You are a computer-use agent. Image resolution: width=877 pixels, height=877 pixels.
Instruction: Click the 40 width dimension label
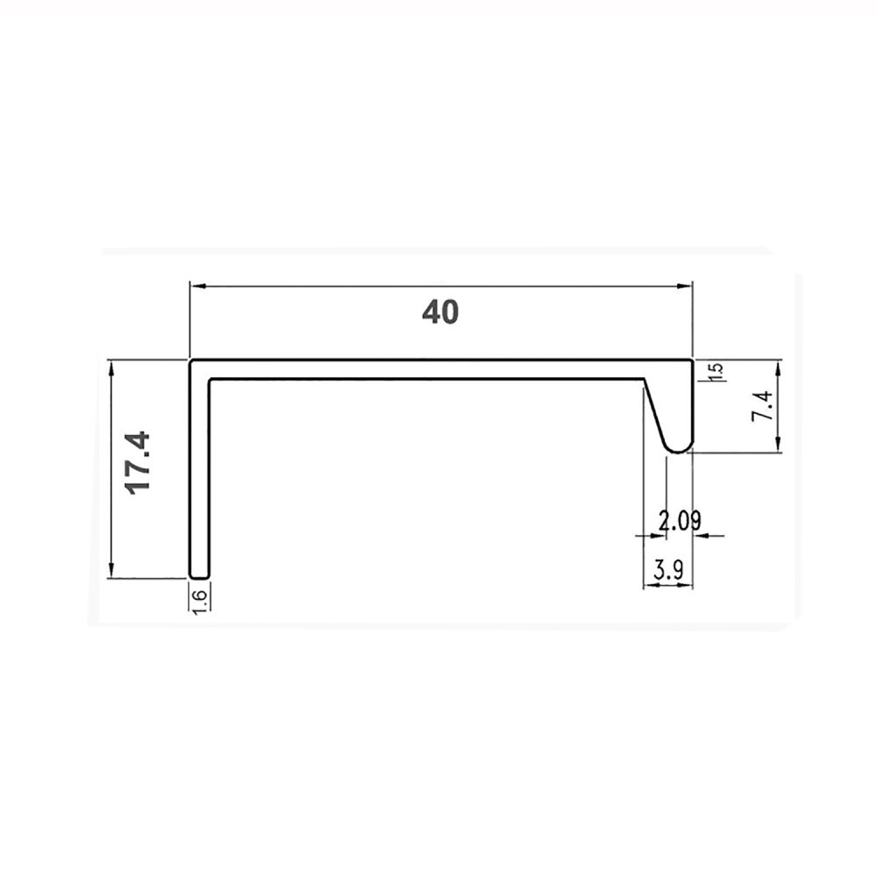pyautogui.click(x=440, y=312)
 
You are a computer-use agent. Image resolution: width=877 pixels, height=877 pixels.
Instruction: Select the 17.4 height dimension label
pyautogui.click(x=139, y=462)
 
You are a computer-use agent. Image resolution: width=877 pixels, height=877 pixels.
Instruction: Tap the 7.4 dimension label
pyautogui.click(x=762, y=405)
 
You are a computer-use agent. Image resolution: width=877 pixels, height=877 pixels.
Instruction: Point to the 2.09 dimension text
pyautogui.click(x=679, y=521)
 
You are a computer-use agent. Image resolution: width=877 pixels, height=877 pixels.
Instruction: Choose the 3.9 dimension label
pyautogui.click(x=667, y=571)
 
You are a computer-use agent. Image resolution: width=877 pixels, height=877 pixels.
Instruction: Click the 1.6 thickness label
pyautogui.click(x=201, y=602)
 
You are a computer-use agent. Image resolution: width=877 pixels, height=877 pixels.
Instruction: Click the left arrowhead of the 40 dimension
pyautogui.click(x=198, y=286)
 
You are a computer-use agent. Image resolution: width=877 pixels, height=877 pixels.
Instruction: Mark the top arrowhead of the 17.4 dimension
pyautogui.click(x=112, y=368)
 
